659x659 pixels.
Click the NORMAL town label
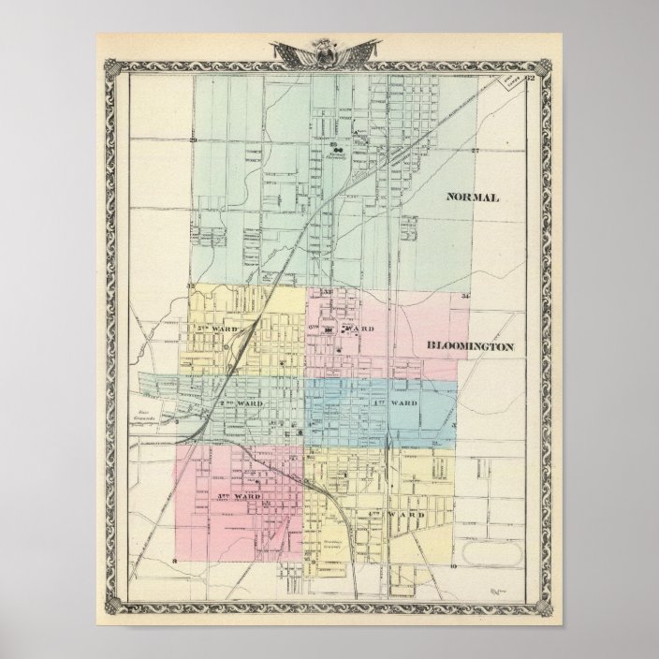(x=474, y=198)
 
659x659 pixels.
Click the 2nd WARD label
(x=239, y=403)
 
